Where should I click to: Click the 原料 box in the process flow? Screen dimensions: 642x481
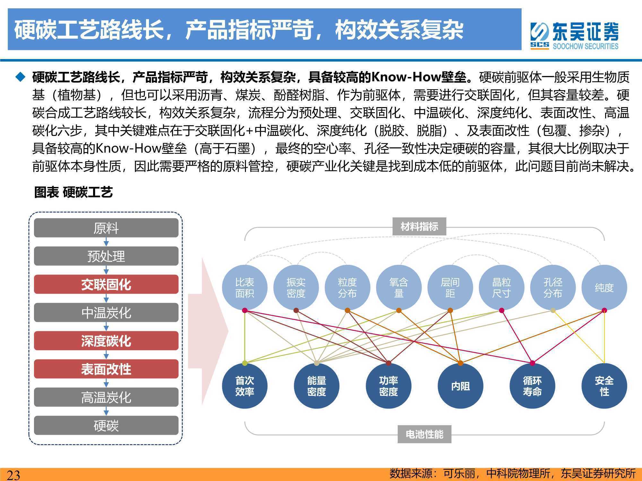click(106, 228)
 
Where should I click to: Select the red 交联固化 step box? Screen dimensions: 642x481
click(106, 284)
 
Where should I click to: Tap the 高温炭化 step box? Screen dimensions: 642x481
click(106, 397)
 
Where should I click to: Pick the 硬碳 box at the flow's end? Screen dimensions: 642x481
click(106, 426)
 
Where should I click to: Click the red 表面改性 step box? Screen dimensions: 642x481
click(106, 369)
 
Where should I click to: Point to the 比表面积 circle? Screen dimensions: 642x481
click(245, 288)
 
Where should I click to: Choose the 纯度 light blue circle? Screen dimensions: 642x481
click(604, 288)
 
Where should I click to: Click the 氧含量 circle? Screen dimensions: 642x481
click(399, 288)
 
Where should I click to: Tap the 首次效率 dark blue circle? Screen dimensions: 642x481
click(245, 386)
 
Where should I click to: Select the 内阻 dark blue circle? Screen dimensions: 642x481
click(460, 386)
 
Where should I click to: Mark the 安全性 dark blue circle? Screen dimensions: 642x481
click(604, 386)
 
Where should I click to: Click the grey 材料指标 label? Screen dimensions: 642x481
click(419, 227)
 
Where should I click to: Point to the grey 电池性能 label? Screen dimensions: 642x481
click(424, 434)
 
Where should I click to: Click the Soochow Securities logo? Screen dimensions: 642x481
click(574, 36)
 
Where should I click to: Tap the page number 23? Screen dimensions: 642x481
click(13, 475)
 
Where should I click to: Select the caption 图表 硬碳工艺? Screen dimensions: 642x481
click(74, 192)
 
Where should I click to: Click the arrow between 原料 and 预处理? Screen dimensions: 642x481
click(106, 242)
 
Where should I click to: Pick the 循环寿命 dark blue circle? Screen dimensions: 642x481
click(532, 386)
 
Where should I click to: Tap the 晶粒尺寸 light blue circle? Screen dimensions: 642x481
click(501, 288)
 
